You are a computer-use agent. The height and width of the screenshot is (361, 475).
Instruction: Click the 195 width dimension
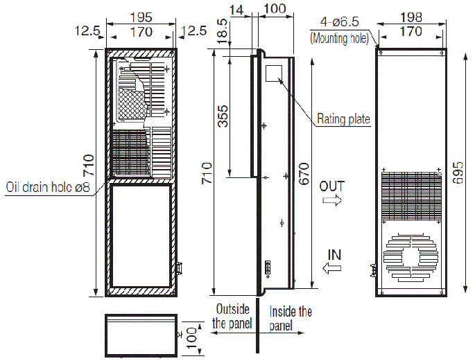(x=144, y=17)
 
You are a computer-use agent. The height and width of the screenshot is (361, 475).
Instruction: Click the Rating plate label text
(x=343, y=119)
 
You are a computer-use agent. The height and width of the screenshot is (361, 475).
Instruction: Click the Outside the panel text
(x=232, y=316)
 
